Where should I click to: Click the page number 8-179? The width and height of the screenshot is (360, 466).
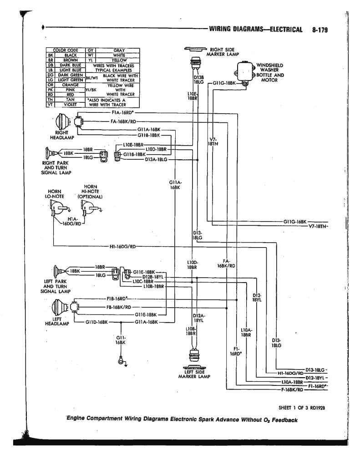click(320, 30)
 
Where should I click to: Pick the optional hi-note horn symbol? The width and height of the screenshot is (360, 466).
click(86, 209)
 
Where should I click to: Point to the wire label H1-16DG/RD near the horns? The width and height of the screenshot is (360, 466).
click(122, 246)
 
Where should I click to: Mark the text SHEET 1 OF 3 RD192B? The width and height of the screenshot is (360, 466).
click(300, 407)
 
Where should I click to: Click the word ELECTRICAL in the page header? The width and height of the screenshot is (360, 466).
click(286, 30)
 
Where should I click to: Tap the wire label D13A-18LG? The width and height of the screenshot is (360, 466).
click(156, 159)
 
